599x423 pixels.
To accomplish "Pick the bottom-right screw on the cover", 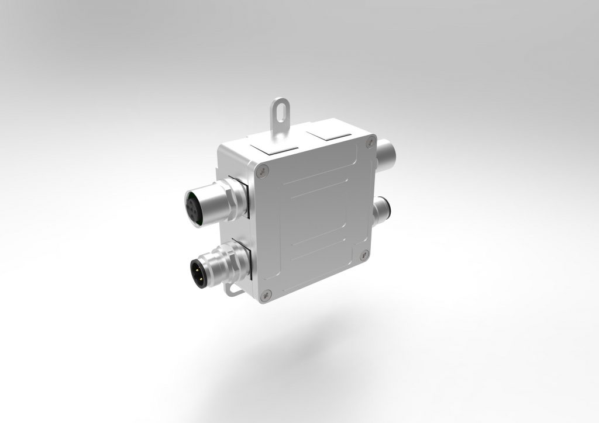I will tap(365, 254).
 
